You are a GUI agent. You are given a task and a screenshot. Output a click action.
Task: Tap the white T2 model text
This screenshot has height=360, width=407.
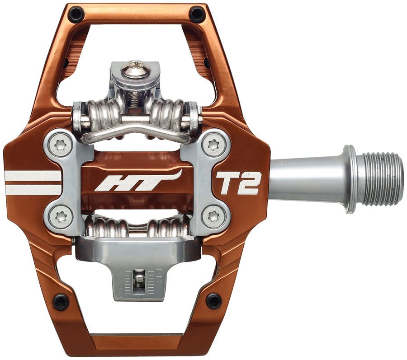point(238,183)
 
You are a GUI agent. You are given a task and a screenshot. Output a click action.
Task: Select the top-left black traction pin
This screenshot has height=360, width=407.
point(76,14)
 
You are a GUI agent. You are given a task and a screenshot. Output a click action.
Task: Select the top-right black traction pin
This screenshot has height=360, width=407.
point(197,14)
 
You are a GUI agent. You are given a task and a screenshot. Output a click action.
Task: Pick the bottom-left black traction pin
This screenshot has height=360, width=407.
point(61,301)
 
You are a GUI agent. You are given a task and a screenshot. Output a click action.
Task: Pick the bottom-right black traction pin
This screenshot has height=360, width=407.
point(214,300)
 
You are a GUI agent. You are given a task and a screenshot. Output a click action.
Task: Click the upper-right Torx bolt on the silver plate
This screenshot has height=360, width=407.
point(212,145)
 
